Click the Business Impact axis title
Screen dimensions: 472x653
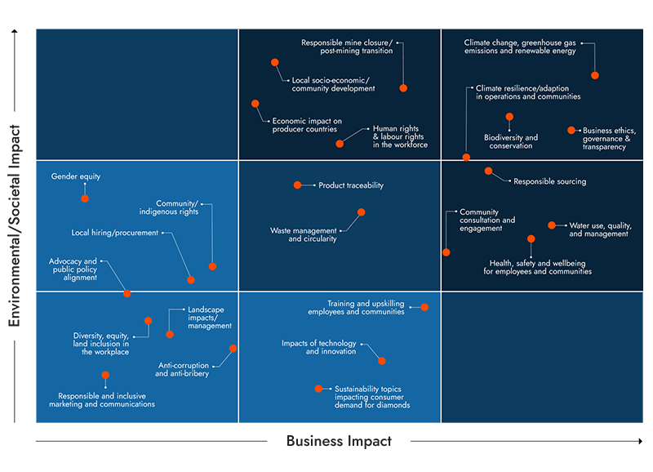click(x=338, y=442)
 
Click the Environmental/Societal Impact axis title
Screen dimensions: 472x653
click(x=15, y=226)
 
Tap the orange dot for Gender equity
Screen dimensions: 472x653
click(x=85, y=198)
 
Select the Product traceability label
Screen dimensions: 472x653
click(x=351, y=185)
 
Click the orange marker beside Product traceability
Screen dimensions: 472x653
click(x=297, y=185)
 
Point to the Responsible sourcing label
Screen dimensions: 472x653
click(x=549, y=181)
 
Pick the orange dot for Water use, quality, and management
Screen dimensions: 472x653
click(x=552, y=225)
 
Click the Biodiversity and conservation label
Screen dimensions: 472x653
click(x=511, y=142)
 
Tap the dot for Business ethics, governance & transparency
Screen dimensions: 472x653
click(x=571, y=130)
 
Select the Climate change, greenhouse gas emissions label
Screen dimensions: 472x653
click(x=520, y=47)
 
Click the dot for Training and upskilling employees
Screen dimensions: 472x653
click(x=424, y=307)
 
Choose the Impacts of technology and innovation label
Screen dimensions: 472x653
click(x=319, y=347)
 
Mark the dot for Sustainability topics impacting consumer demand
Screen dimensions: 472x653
click(x=318, y=389)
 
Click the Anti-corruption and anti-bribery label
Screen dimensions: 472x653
click(x=182, y=369)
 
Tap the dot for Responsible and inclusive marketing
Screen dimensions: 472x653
click(x=105, y=376)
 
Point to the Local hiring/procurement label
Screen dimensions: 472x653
click(x=114, y=233)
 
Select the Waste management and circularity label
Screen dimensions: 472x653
click(x=304, y=235)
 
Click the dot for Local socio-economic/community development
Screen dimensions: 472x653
click(x=275, y=61)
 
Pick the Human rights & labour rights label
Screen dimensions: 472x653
click(x=400, y=136)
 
